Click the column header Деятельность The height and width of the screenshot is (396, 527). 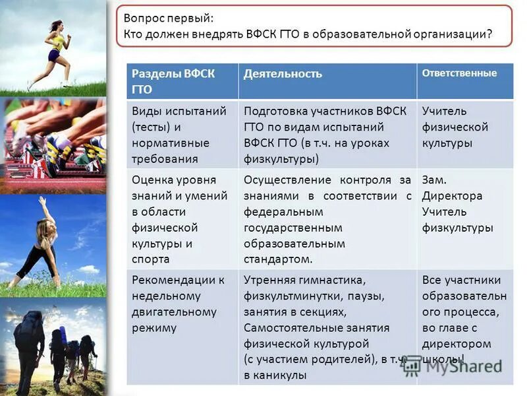tap(283, 74)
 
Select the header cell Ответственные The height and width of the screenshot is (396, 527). tap(459, 73)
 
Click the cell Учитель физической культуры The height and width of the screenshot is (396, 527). tap(455, 127)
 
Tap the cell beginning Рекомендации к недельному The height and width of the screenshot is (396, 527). tap(175, 304)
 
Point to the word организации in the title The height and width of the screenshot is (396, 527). tap(453, 34)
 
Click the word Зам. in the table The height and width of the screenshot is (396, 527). tap(434, 180)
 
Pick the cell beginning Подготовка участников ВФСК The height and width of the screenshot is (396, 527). tap(326, 135)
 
